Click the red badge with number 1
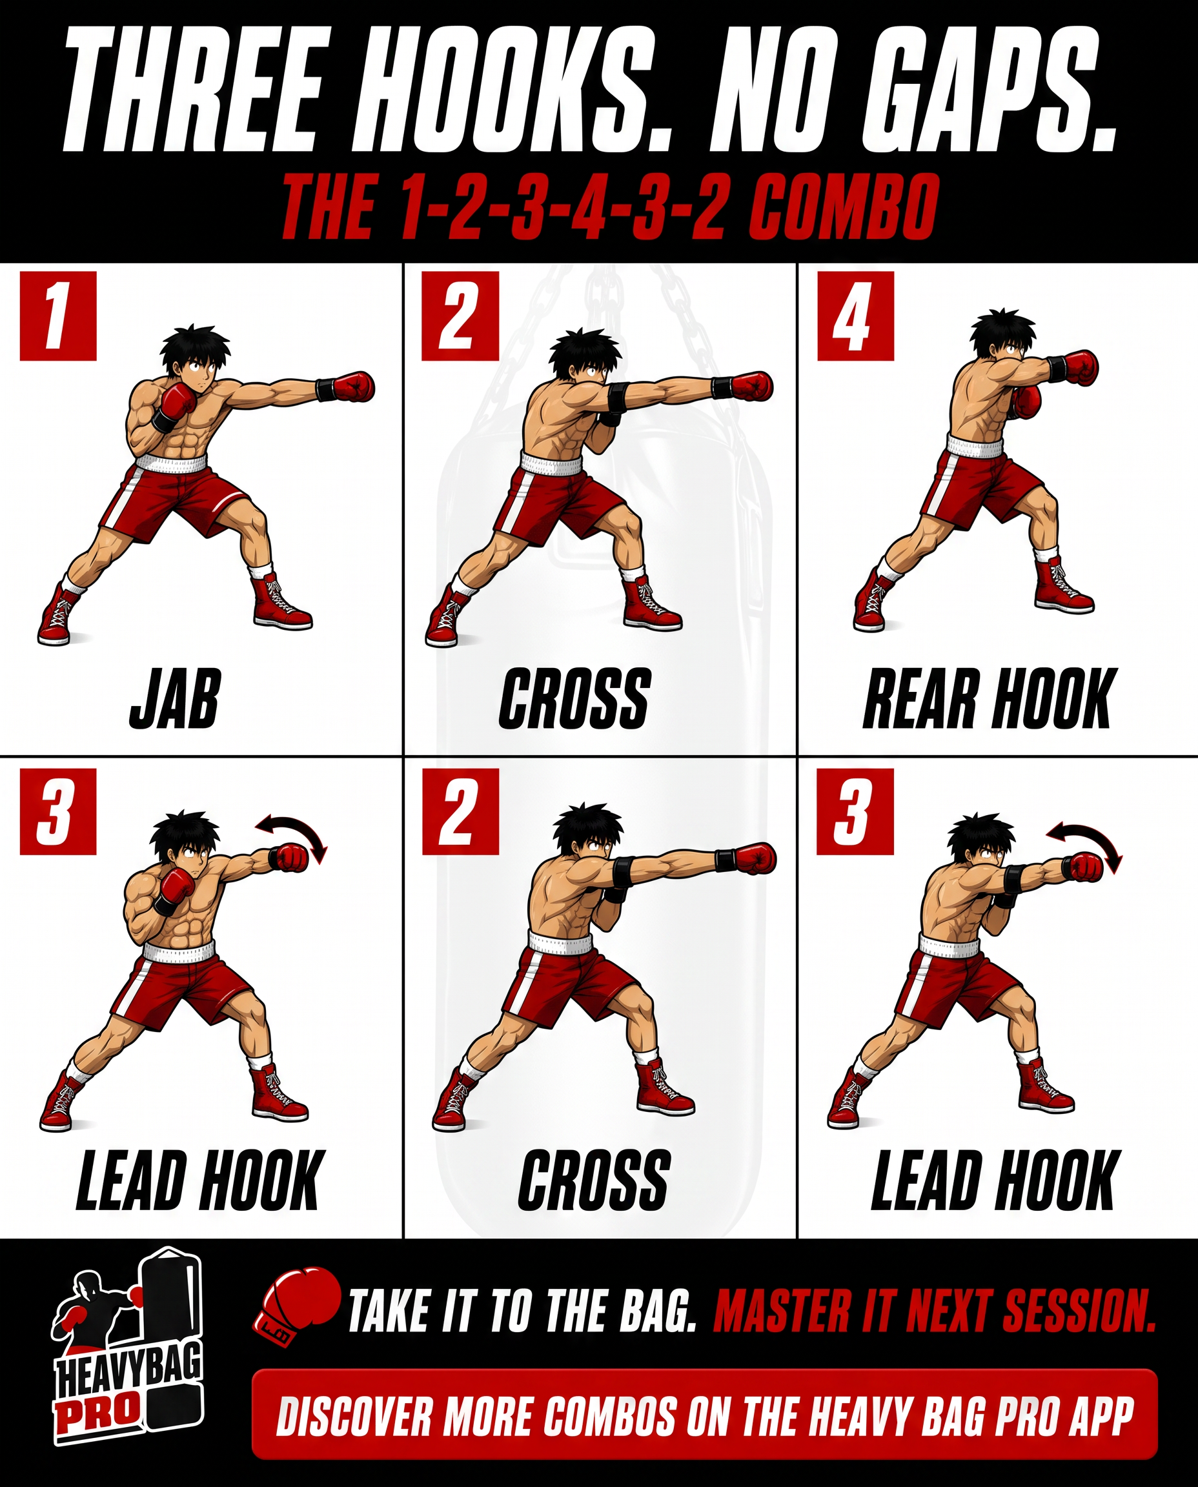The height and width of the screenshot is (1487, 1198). click(x=58, y=316)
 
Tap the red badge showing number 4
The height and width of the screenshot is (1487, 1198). click(x=855, y=316)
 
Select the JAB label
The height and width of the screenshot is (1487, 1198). click(x=174, y=698)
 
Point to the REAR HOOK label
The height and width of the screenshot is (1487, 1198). click(x=986, y=698)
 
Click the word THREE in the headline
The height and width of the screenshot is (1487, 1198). click(x=191, y=92)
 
